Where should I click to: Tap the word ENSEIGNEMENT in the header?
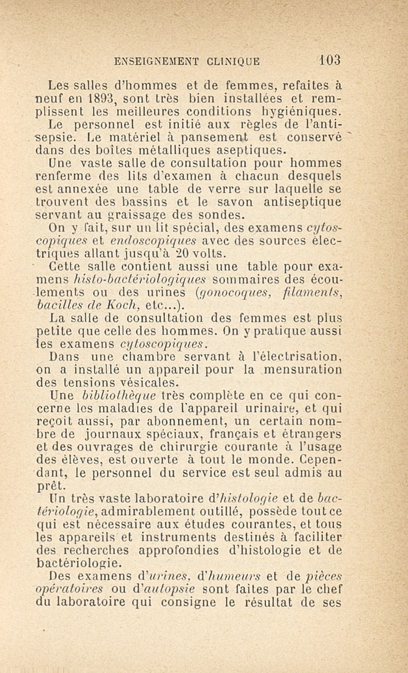pyautogui.click(x=159, y=62)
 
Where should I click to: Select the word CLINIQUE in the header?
pyautogui.click(x=234, y=62)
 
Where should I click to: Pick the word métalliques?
pyautogui.click(x=190, y=151)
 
